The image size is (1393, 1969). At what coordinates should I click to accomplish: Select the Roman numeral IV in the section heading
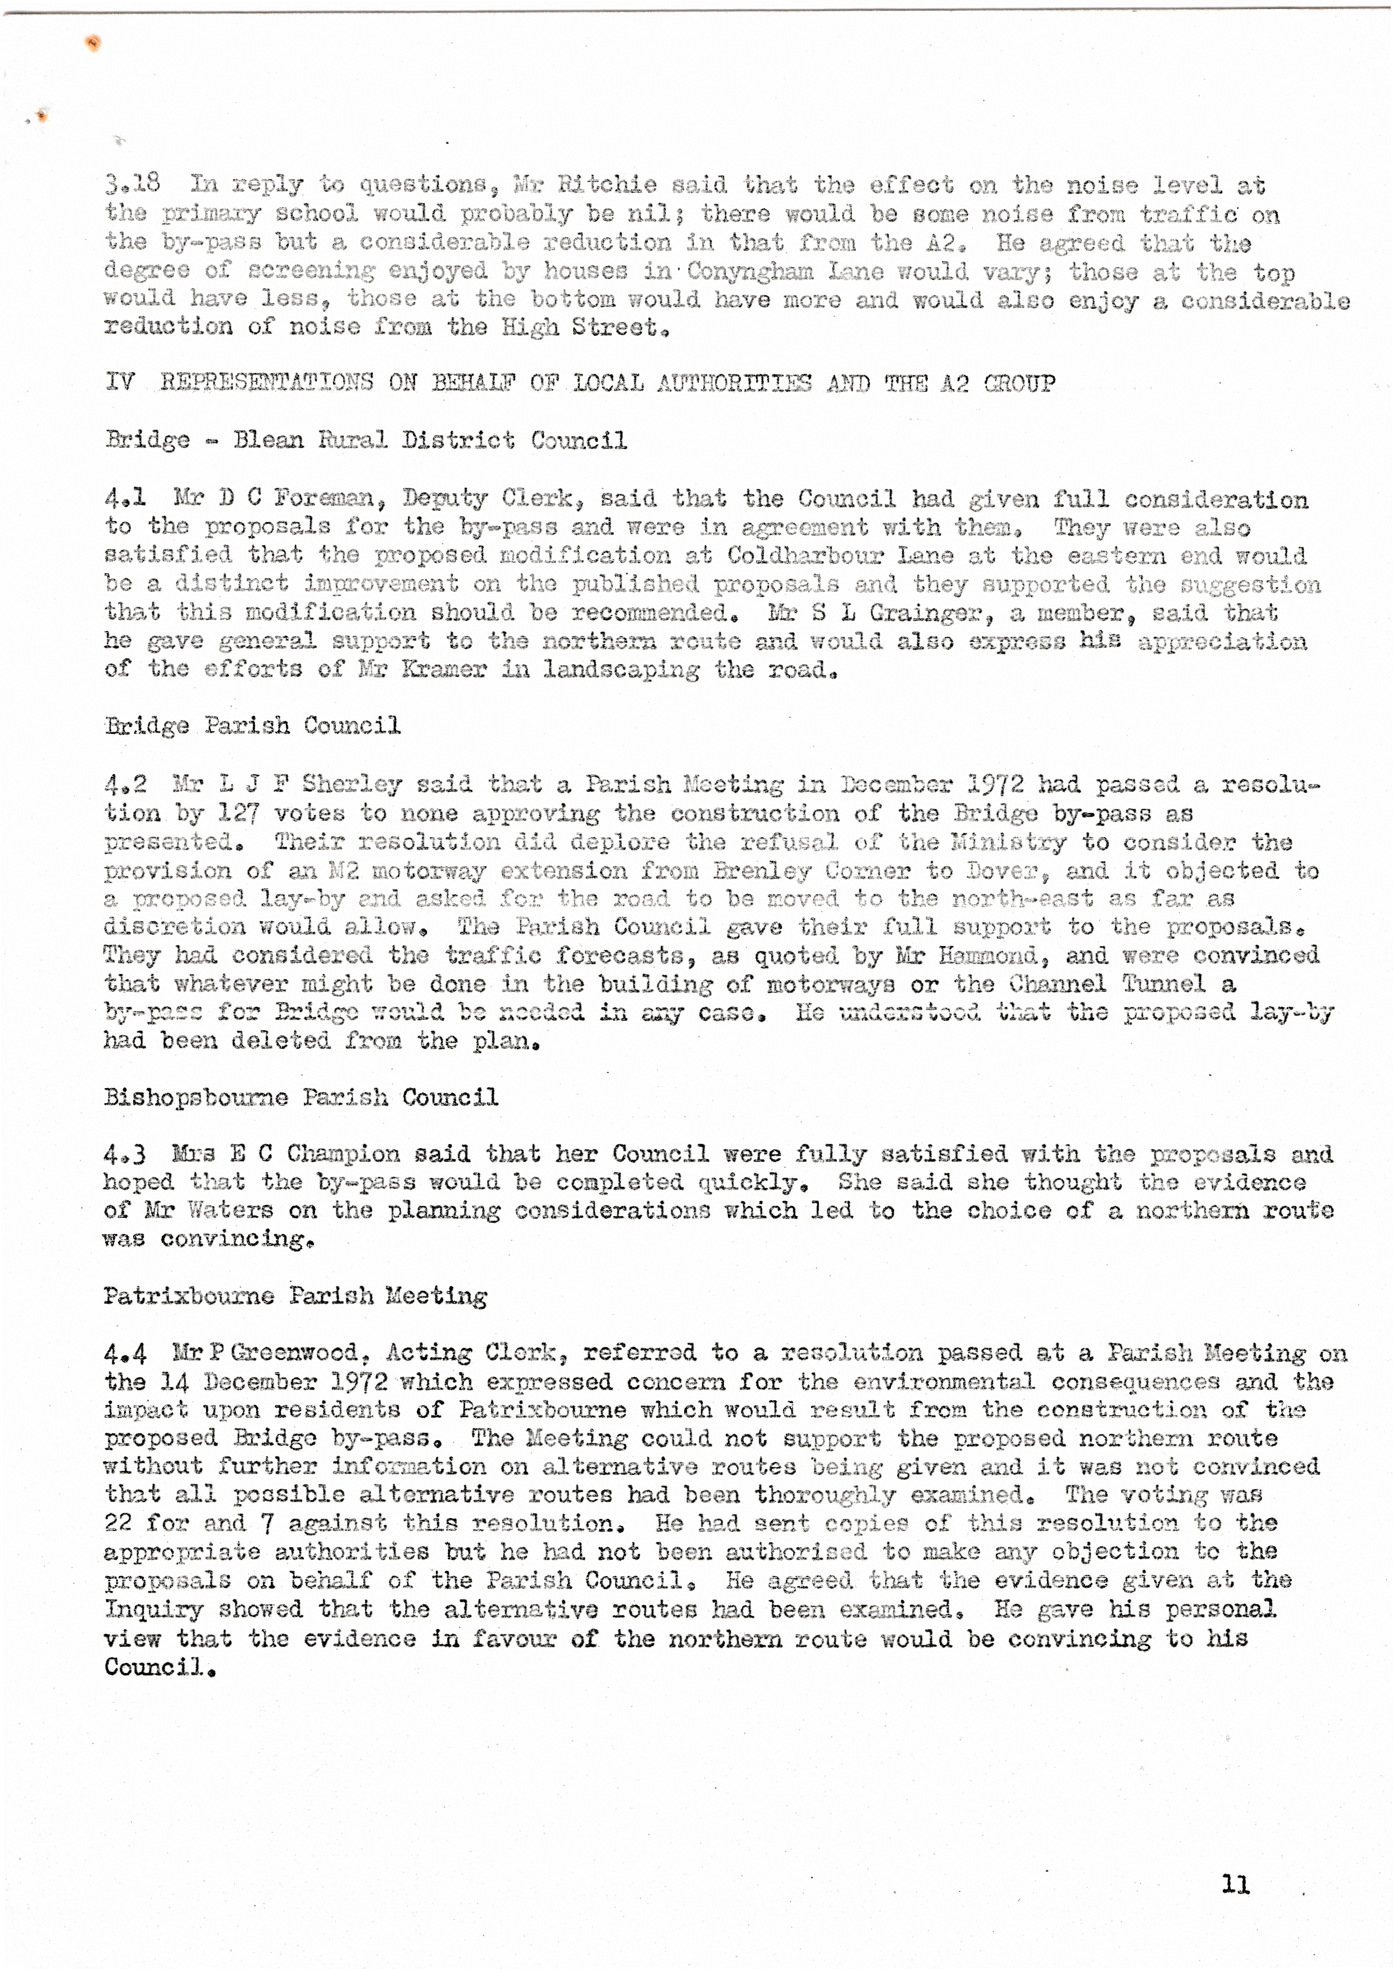coord(120,382)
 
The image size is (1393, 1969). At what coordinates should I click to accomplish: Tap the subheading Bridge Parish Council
coord(252,727)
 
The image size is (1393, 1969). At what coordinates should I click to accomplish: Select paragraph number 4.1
coord(125,497)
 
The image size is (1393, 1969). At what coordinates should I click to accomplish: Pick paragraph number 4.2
coord(125,784)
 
